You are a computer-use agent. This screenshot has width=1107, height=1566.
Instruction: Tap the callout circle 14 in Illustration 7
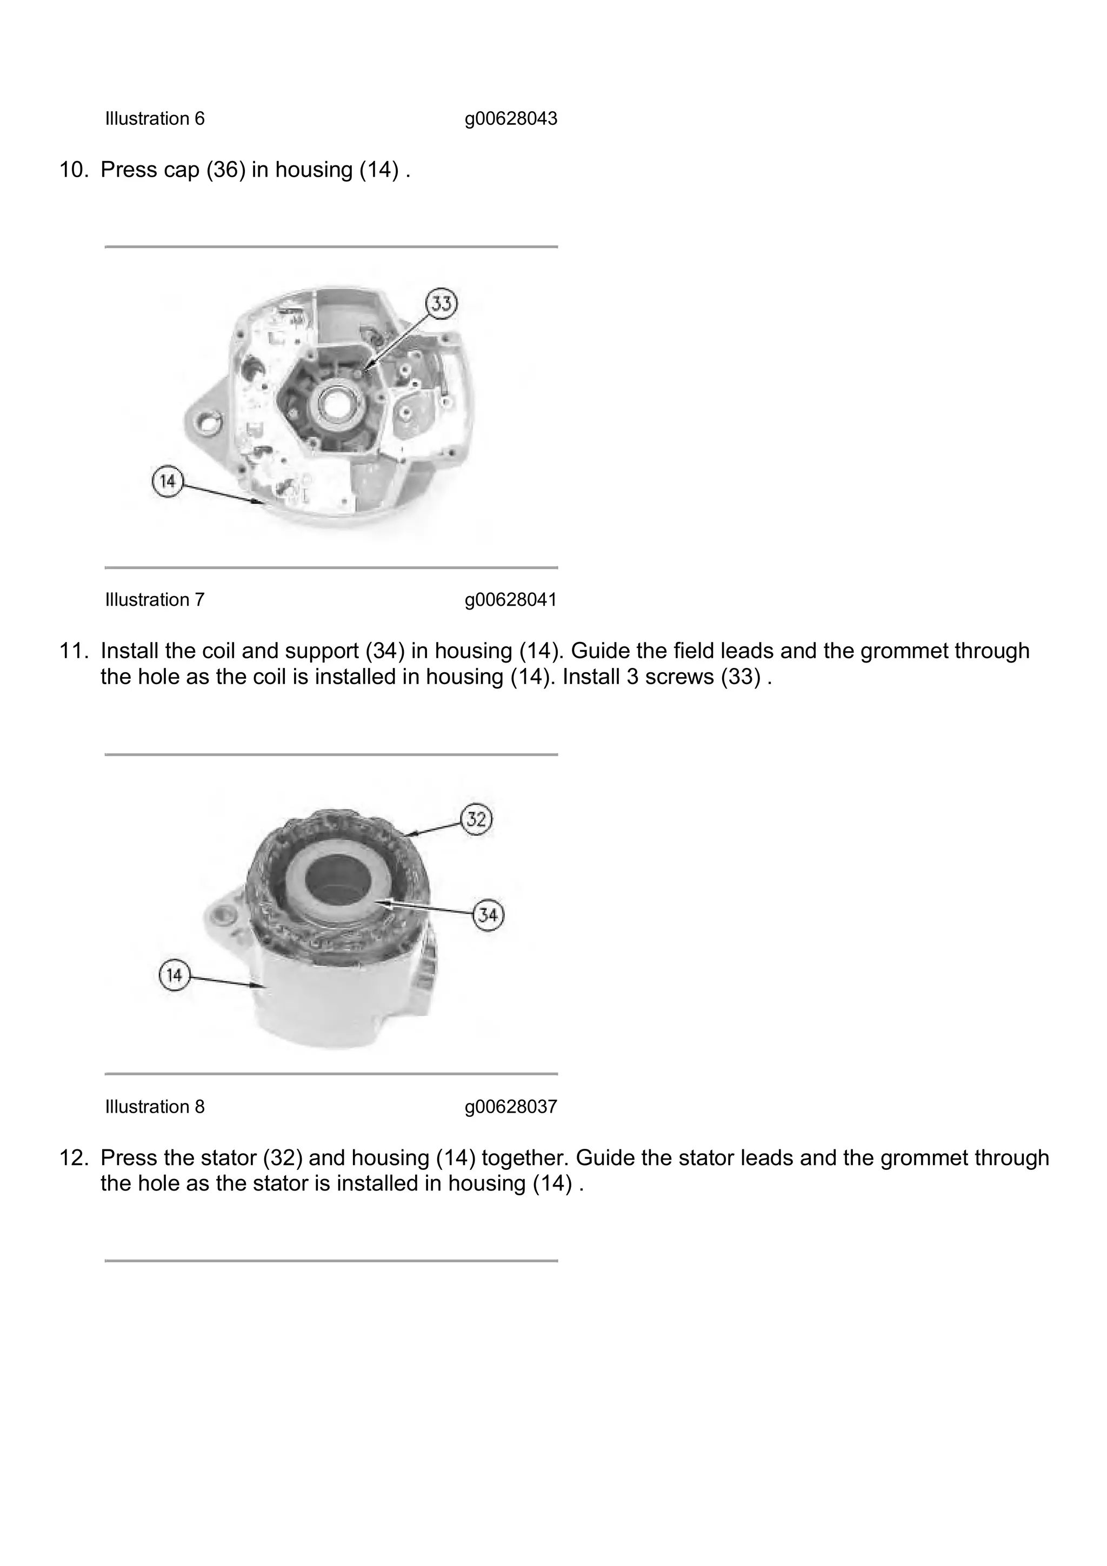point(168,481)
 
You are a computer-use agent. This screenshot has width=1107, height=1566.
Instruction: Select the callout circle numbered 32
point(476,819)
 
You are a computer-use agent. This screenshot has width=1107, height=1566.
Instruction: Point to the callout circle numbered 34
point(488,914)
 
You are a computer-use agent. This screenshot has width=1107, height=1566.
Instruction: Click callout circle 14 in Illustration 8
point(175,975)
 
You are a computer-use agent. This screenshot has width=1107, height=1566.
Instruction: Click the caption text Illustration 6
point(154,119)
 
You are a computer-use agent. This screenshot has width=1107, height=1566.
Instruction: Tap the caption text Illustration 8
point(154,1106)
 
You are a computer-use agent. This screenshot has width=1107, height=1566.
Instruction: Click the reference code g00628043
point(511,119)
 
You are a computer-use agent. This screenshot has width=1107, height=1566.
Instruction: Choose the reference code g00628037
point(511,1106)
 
